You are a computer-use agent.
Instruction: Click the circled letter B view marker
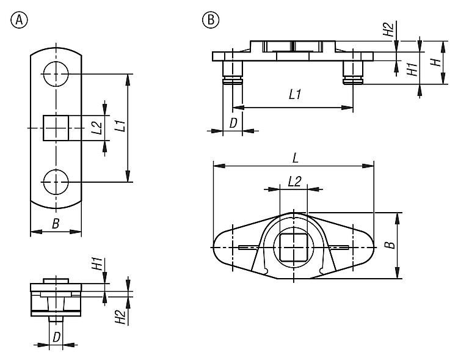[211, 20]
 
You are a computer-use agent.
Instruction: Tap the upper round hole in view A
[56, 74]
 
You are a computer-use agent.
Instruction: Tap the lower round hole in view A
[56, 182]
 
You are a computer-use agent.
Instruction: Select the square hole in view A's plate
[56, 128]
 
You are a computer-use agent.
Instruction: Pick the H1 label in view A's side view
[96, 265]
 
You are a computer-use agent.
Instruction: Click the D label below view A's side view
[56, 337]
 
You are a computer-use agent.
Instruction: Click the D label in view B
[233, 122]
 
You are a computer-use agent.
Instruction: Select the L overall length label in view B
[295, 158]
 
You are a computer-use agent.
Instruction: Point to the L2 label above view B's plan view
[294, 181]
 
